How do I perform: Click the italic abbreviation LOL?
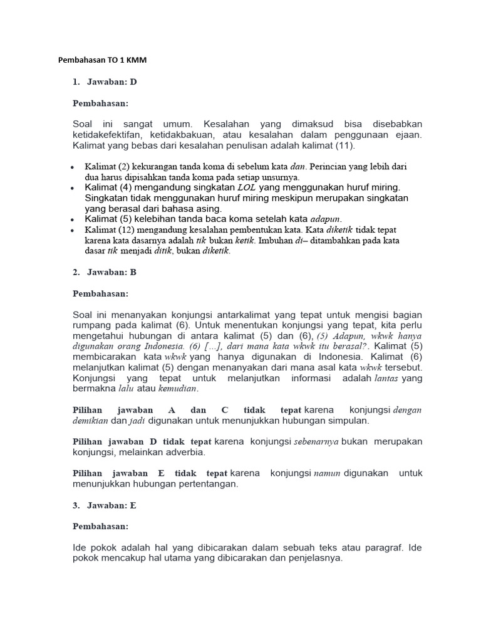246,187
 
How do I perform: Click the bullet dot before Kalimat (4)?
73,187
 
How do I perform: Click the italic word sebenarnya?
316,442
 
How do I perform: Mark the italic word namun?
326,473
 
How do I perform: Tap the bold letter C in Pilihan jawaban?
225,410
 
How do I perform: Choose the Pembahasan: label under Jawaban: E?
101,526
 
